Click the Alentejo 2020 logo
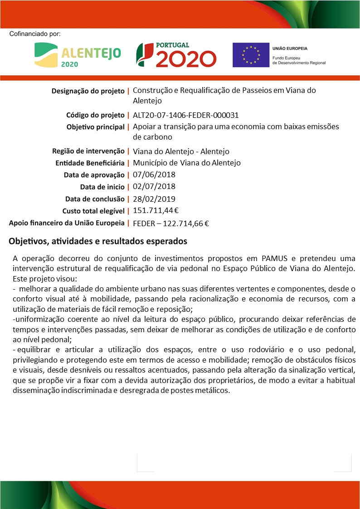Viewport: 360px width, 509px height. pyautogui.click(x=78, y=55)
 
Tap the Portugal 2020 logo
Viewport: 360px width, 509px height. pyautogui.click(x=176, y=55)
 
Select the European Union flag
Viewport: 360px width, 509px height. pyautogui.click(x=251, y=55)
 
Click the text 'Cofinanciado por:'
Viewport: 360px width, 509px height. pyautogui.click(x=34, y=34)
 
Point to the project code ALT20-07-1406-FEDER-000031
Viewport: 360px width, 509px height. pyautogui.click(x=185, y=115)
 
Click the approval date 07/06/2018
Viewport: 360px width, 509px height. pyautogui.click(x=154, y=175)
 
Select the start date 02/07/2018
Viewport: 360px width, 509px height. pyautogui.click(x=154, y=186)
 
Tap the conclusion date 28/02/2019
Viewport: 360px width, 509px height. pyautogui.click(x=154, y=199)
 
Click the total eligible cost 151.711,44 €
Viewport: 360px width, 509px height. pyautogui.click(x=156, y=210)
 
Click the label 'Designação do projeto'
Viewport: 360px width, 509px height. pyautogui.click(x=88, y=91)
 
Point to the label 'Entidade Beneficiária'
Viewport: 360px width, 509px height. pyautogui.click(x=90, y=163)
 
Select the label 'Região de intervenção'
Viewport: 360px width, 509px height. pyautogui.click(x=88, y=151)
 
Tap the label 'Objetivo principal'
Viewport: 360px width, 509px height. pyautogui.click(x=95, y=127)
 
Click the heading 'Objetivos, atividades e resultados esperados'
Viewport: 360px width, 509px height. pyautogui.click(x=98, y=241)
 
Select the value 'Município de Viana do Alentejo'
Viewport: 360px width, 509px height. pyautogui.click(x=187, y=163)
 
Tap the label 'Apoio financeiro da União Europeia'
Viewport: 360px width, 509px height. pyautogui.click(x=67, y=223)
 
